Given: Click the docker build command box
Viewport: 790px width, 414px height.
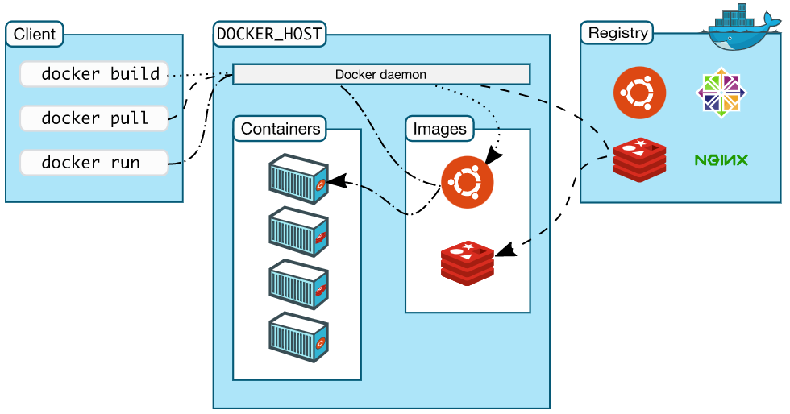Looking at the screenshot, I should (94, 74).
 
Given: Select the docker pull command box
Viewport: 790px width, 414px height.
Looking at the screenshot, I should (94, 118).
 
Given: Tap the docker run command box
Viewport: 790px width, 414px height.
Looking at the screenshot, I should (94, 162).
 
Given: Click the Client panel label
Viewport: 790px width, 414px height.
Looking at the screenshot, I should (35, 34).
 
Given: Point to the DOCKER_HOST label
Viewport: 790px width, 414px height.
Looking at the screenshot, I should (269, 34).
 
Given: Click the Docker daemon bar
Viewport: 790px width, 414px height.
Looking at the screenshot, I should (380, 74).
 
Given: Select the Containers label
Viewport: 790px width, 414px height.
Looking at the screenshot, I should (281, 128).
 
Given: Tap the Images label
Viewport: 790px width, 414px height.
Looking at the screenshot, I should (439, 128).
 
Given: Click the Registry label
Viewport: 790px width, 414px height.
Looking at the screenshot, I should (617, 33).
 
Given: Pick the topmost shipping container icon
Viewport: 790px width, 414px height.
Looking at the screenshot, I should (298, 178).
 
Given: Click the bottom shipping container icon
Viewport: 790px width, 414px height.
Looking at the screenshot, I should (298, 337).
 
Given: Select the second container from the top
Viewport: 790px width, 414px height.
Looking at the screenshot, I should (298, 231).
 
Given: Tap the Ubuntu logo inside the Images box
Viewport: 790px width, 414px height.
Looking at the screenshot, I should (468, 181).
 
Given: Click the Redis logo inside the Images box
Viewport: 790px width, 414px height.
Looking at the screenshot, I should (468, 261).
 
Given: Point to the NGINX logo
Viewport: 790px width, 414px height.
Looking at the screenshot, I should (721, 159).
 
